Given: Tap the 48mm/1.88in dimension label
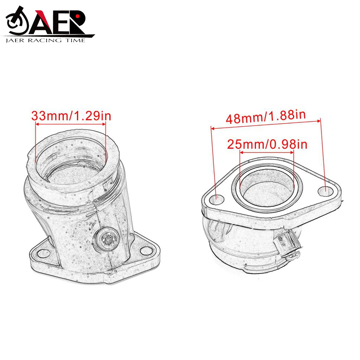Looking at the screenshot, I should pyautogui.click(x=265, y=118).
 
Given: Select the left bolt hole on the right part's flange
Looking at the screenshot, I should pyautogui.click(x=217, y=197).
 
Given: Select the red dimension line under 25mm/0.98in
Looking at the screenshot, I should pyautogui.click(x=267, y=152).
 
